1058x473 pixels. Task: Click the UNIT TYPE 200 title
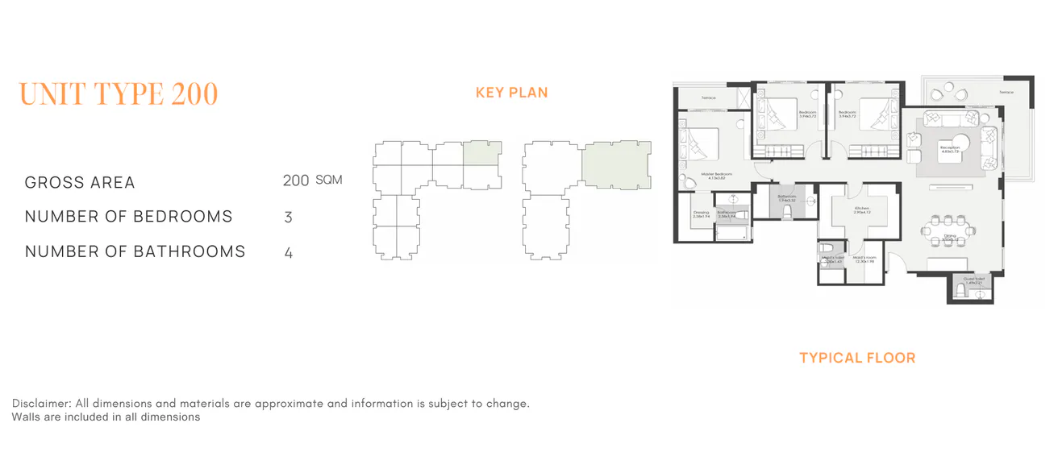click(119, 94)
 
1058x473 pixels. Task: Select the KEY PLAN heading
click(511, 93)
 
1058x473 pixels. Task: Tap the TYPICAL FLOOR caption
click(857, 358)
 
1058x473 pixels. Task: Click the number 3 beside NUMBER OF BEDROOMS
click(288, 218)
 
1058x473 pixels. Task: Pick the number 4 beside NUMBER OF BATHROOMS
click(288, 252)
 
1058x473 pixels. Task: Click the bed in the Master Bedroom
click(700, 145)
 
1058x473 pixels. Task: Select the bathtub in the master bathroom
click(731, 234)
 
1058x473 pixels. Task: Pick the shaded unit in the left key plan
click(482, 153)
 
